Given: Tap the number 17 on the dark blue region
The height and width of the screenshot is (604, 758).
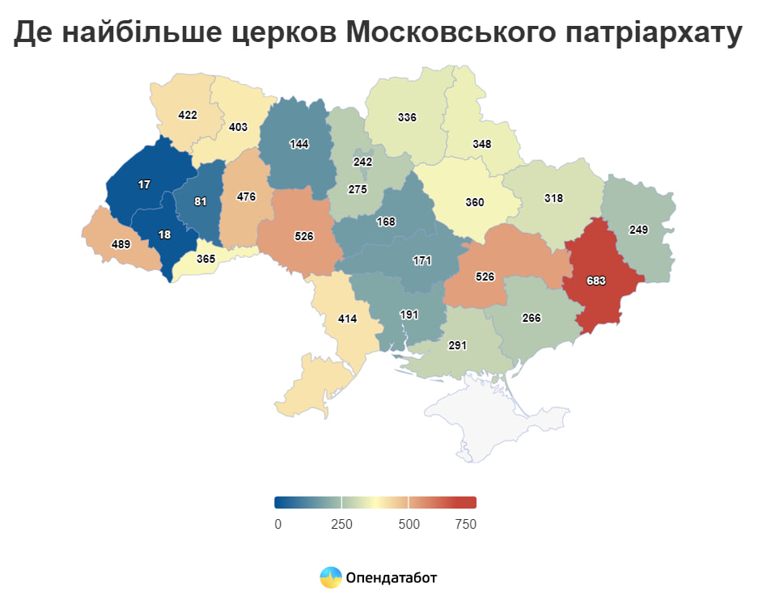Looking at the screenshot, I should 144,184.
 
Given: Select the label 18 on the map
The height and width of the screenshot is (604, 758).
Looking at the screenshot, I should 164,234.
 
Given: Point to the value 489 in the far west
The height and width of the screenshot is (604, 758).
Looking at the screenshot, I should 121,243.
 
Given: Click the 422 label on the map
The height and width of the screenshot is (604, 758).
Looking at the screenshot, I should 188,115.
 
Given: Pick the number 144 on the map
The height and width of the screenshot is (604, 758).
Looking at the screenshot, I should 299,144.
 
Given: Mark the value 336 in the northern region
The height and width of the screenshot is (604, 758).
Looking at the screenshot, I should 407,117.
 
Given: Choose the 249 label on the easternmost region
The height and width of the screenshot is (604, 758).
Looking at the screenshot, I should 638,230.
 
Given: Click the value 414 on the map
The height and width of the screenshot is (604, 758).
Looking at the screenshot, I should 347,319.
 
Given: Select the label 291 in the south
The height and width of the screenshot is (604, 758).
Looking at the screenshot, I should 458,345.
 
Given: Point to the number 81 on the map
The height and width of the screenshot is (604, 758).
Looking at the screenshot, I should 201,201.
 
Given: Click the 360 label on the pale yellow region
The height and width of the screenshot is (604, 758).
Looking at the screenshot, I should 475,202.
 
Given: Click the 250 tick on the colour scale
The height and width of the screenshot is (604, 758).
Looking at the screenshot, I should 341,524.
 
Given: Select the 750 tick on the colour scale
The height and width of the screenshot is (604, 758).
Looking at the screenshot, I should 465,524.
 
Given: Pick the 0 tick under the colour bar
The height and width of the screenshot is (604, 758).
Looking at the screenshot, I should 278,524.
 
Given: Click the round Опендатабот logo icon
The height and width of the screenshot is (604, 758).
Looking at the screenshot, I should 330,577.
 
